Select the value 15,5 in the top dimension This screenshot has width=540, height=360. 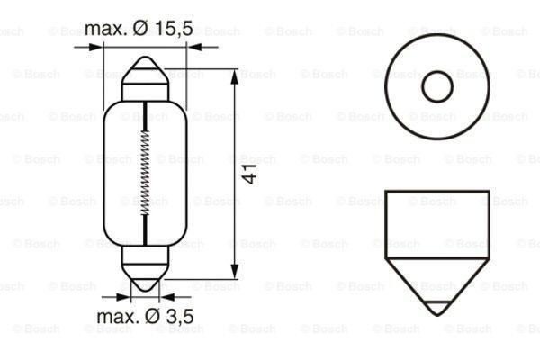pos(172,29)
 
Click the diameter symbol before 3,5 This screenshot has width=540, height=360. pos(148,317)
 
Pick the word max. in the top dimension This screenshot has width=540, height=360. pos(105,29)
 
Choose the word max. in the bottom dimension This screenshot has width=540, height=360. pos(115,317)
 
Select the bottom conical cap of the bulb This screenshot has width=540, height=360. pos(145,269)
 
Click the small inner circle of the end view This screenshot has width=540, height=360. pos(437,87)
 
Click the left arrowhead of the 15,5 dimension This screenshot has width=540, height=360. pos(109,45)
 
